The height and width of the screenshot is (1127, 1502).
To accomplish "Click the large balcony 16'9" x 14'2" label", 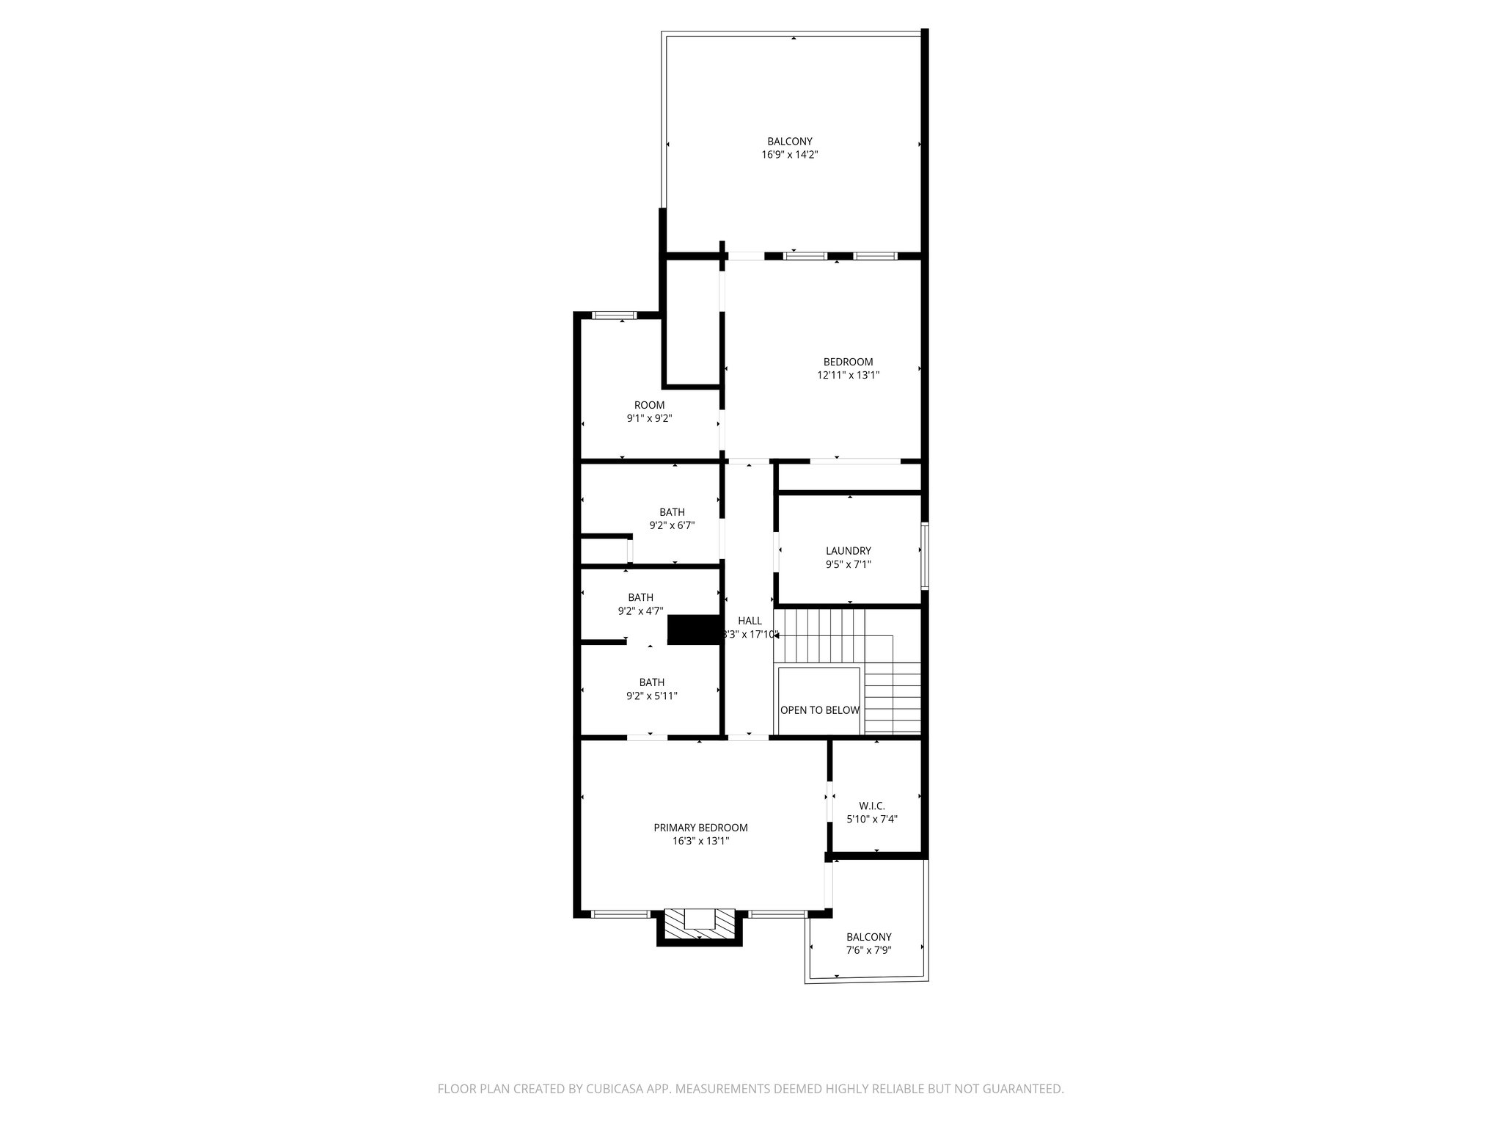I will point(789,147).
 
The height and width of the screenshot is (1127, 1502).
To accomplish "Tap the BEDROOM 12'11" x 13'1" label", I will point(848,368).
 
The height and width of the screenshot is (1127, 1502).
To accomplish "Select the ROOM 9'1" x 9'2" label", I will point(649,412).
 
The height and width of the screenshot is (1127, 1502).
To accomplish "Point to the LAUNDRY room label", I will point(848,558).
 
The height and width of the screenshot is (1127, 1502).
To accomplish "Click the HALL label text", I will point(750,621).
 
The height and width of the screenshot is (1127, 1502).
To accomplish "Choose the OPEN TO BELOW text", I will point(819,710).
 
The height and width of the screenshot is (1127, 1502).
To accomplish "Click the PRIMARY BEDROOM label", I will point(700,834).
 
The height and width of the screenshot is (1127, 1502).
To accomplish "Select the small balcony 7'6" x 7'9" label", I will point(868,944).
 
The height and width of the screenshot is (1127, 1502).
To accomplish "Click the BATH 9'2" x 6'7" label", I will point(672,519).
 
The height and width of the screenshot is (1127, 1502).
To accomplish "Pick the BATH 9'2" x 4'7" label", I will point(640,604).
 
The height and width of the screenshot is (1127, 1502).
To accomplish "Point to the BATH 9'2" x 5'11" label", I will point(651,689).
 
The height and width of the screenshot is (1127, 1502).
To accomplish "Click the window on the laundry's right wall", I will point(925,555).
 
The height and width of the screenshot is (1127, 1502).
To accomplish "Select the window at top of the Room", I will point(615,316).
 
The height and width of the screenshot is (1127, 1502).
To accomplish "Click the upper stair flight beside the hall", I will point(820,634).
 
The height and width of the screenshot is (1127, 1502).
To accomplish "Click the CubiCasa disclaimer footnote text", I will point(750,1090).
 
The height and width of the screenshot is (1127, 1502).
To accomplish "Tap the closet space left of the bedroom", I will point(692,323).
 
